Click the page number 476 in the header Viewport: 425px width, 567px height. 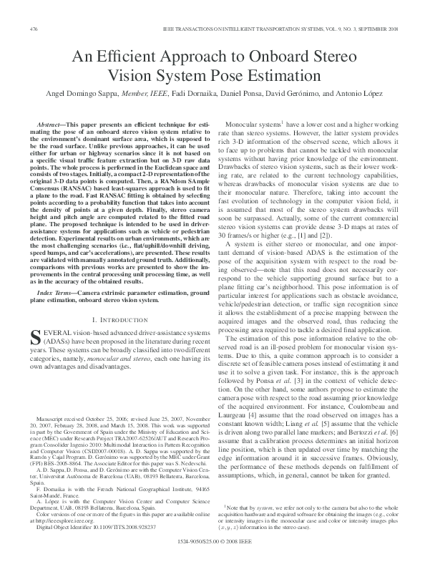pos(34,29)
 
